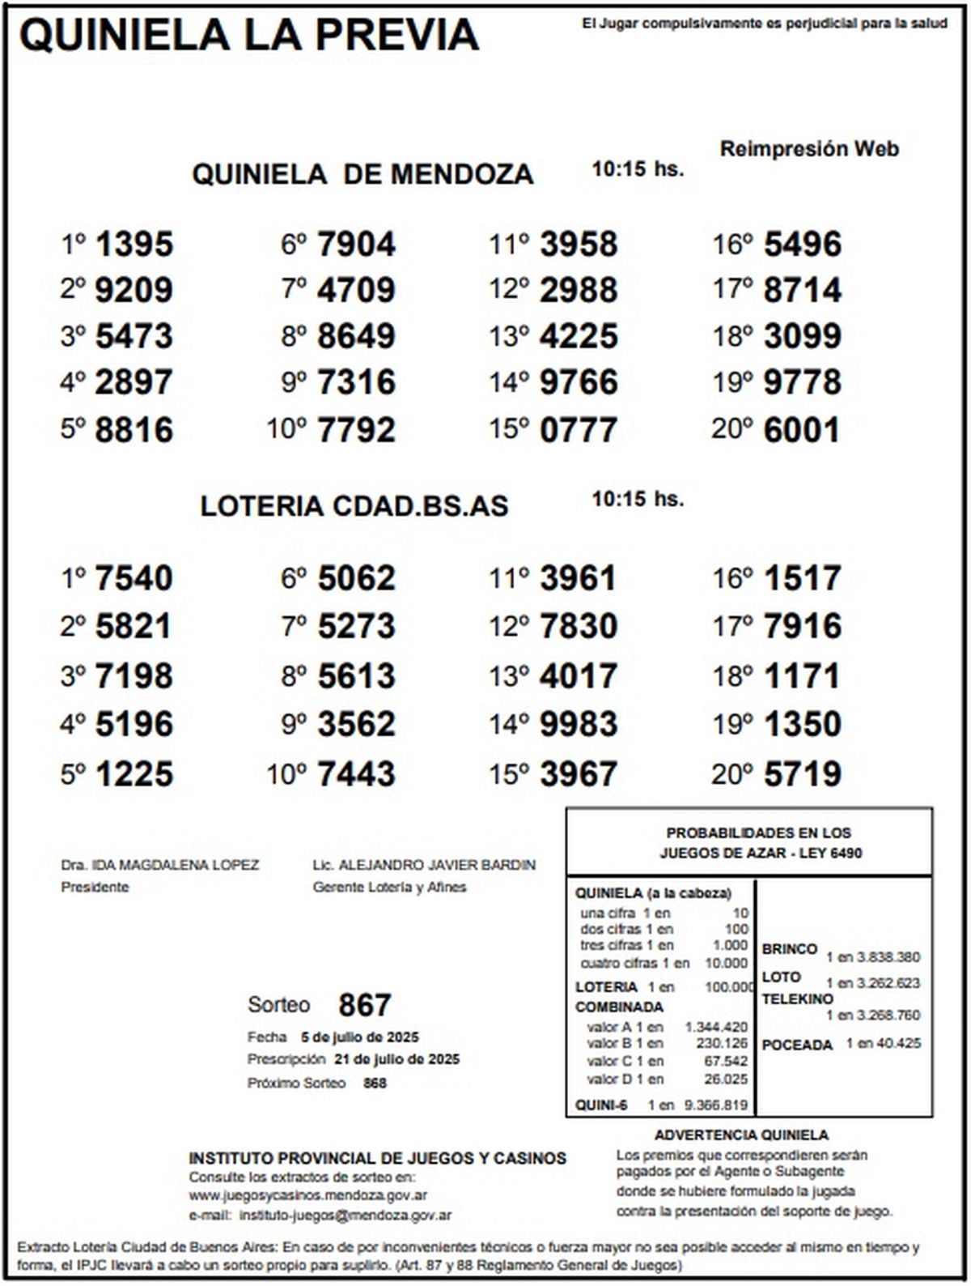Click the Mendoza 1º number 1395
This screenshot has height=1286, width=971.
[x=134, y=245]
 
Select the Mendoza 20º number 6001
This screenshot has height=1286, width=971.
[x=802, y=430]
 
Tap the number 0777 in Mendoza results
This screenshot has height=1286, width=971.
[x=579, y=430]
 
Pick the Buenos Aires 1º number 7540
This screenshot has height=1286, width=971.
[x=134, y=578]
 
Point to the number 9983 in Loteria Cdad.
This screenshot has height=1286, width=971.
[x=579, y=724]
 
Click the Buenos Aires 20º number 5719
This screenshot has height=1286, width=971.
[x=802, y=774]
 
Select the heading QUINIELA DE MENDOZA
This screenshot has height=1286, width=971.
[x=362, y=174]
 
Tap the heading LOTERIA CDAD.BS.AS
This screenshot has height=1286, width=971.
[x=354, y=506]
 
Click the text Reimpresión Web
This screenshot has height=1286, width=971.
[x=809, y=149]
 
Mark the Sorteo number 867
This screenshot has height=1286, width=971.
[x=365, y=1005]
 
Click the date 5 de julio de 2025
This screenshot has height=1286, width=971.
[x=359, y=1037]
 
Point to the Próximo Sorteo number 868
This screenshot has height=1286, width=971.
[x=375, y=1083]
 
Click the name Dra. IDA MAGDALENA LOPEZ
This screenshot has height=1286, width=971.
[x=160, y=865]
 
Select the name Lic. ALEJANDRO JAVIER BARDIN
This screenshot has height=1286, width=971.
[x=424, y=865]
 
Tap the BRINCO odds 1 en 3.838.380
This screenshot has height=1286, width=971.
[x=873, y=957]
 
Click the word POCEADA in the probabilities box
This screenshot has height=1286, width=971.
[x=797, y=1045]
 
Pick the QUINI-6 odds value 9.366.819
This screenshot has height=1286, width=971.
[x=715, y=1105]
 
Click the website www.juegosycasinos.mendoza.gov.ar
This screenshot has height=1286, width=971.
[x=308, y=1195]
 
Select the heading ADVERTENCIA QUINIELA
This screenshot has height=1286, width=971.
[x=741, y=1135]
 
